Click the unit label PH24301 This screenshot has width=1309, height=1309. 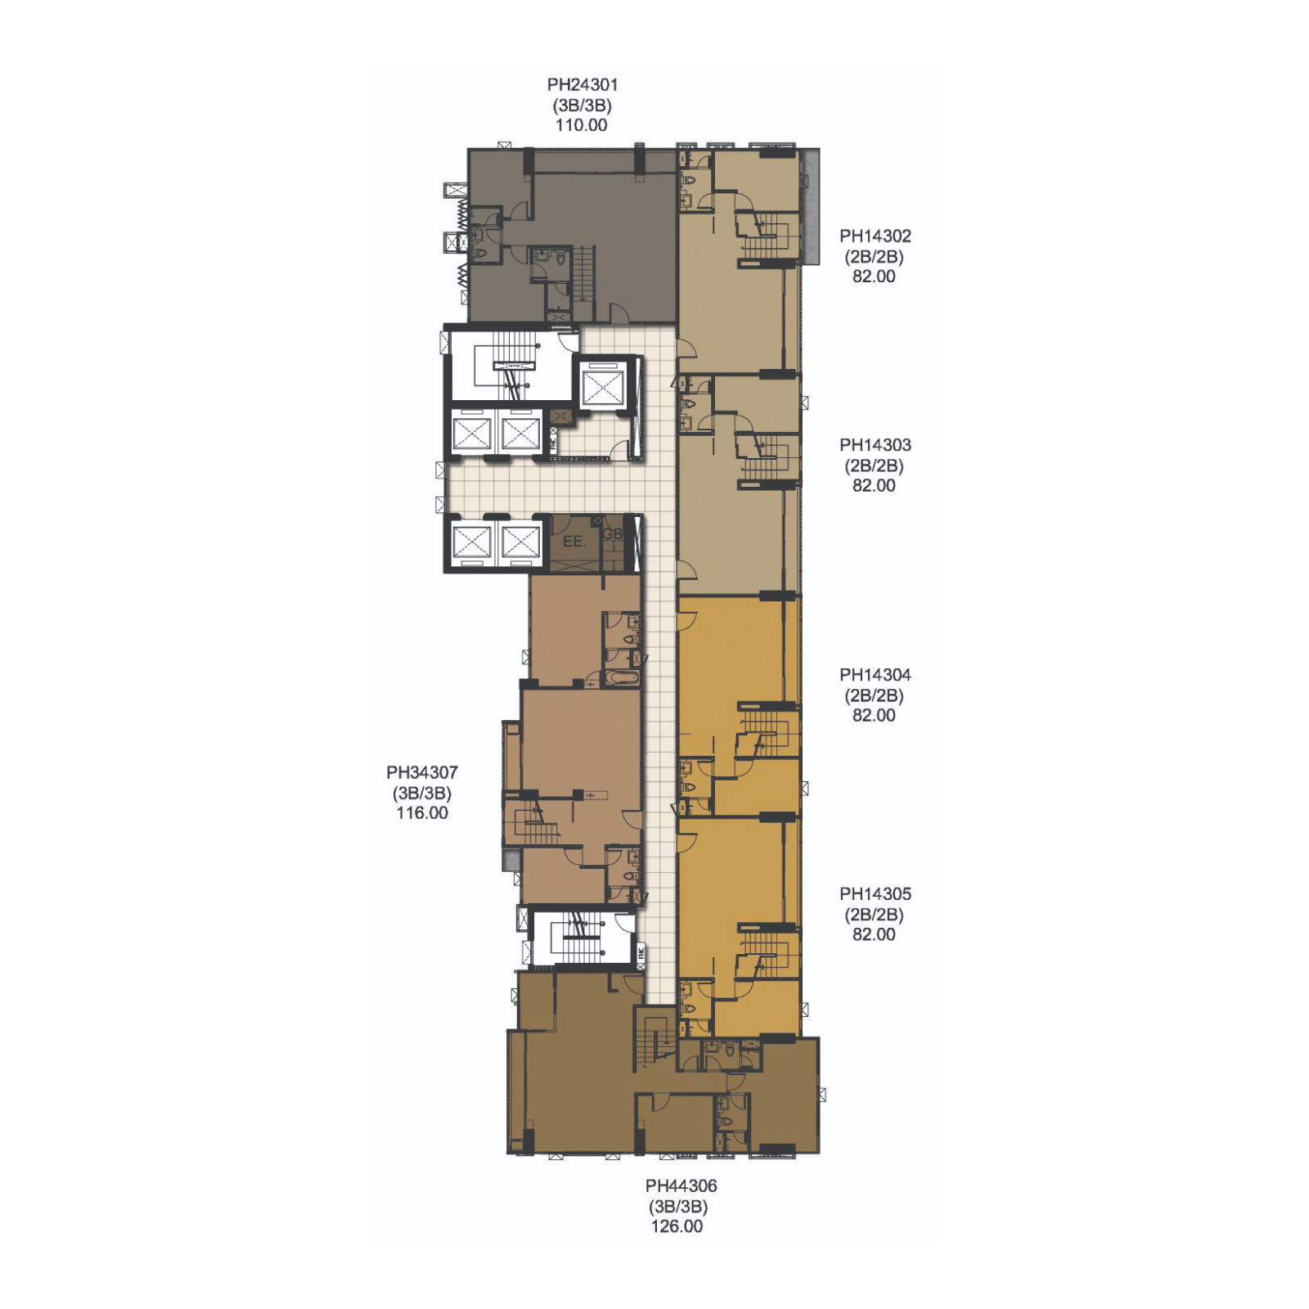582,85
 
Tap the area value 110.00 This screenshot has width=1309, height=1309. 582,125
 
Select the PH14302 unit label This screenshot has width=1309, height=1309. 875,236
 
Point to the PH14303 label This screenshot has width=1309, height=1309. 875,445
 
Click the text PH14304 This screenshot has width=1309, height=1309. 875,675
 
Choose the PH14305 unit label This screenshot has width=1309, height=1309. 875,894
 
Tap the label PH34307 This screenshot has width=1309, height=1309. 422,772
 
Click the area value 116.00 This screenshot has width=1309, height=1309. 422,813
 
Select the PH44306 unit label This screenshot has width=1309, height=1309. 681,1185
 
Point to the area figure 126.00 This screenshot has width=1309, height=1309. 677,1226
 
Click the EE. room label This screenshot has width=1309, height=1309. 574,542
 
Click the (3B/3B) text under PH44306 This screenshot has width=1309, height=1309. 678,1207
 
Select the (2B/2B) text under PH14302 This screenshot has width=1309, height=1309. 874,257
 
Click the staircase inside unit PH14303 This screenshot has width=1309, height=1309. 764,461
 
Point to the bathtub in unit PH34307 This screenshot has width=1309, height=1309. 621,678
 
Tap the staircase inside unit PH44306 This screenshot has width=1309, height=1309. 654,1039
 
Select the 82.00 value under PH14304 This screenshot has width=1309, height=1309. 874,715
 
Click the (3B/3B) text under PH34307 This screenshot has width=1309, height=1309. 422,794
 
